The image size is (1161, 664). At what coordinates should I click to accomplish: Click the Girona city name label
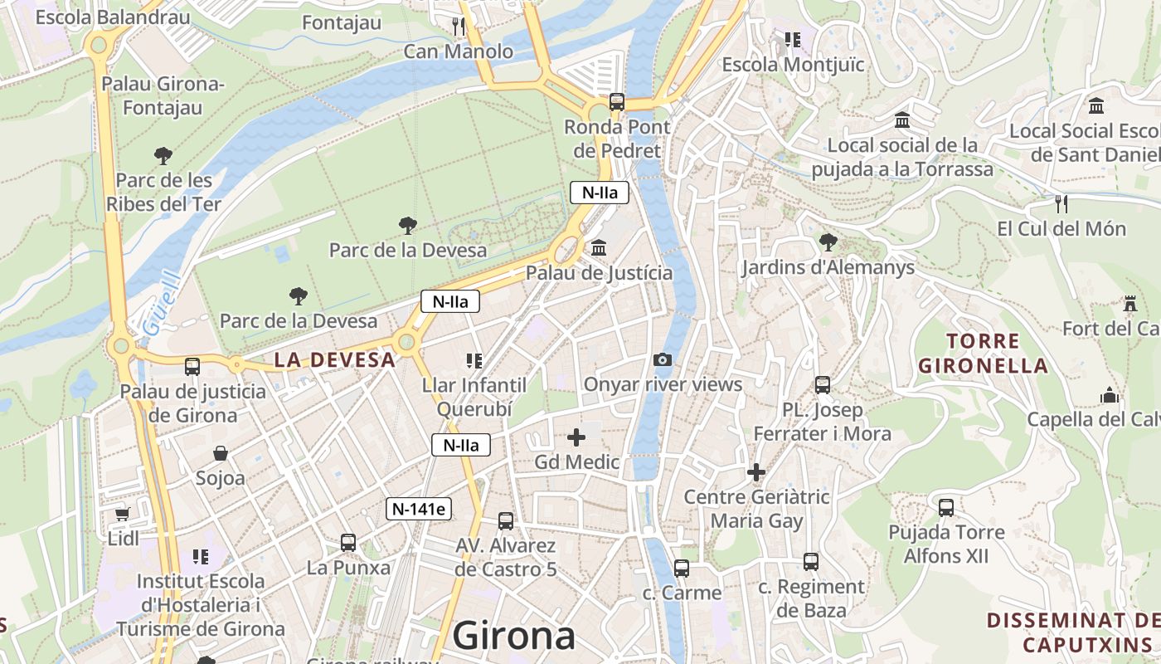(x=514, y=636)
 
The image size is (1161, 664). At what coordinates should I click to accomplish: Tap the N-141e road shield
(x=419, y=509)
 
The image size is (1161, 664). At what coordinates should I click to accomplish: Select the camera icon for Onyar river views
(x=662, y=359)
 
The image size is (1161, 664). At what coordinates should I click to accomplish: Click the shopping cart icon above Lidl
(x=123, y=514)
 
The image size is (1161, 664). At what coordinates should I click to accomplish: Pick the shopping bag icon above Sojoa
(x=221, y=453)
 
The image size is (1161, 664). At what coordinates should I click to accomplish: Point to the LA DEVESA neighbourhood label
(x=334, y=360)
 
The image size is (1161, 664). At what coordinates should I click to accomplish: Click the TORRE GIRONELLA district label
(x=984, y=353)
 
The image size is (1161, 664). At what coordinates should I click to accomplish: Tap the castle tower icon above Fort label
(x=1129, y=304)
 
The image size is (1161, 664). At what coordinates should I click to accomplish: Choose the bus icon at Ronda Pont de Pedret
(x=617, y=102)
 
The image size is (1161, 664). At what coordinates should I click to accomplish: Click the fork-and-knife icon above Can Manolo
(x=459, y=26)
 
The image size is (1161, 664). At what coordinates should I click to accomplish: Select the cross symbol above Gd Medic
(x=576, y=437)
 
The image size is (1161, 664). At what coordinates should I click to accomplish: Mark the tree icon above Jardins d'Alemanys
(x=828, y=242)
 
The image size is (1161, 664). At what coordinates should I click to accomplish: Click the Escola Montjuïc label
(x=793, y=65)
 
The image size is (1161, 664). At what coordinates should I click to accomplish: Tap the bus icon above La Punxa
(x=348, y=543)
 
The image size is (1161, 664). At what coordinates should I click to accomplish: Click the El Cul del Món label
(x=1061, y=229)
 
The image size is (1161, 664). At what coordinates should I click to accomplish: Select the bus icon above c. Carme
(x=682, y=569)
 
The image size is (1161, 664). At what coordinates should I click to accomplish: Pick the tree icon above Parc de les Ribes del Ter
(x=163, y=155)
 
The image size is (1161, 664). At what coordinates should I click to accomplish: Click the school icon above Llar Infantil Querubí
(x=474, y=360)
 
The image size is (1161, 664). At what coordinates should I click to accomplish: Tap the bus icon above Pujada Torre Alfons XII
(x=946, y=507)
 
